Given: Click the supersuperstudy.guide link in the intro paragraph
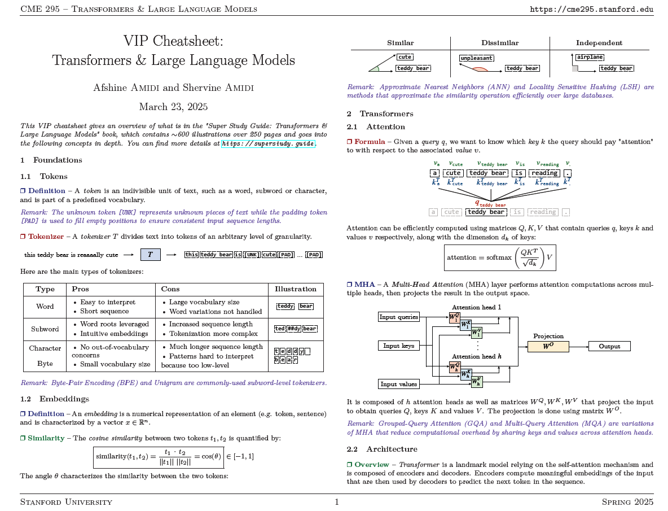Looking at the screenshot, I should point(268,144).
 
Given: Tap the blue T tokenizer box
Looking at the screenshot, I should point(150,255).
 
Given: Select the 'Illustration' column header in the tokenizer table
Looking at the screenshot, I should point(296,289).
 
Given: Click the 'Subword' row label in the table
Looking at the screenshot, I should point(45,329).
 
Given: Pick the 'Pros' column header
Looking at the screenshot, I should point(81,289).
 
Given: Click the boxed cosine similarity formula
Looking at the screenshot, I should point(159,457).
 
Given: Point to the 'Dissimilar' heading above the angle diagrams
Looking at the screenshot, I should point(499,43).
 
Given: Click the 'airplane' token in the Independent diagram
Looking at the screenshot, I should point(590,57).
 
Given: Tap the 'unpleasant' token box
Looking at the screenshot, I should point(476,58).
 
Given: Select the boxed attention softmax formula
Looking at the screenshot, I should point(500,257).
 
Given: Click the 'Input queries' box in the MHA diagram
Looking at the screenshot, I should point(399,317).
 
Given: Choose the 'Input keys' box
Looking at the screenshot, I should point(399,346).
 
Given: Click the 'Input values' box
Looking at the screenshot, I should point(399,384).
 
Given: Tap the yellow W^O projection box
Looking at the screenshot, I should point(548,346).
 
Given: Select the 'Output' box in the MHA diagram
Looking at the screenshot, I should point(609,346).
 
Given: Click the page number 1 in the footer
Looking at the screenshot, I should point(337,502).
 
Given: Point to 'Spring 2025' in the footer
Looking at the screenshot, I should point(627,502).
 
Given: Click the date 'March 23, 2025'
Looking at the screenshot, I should point(173,107).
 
